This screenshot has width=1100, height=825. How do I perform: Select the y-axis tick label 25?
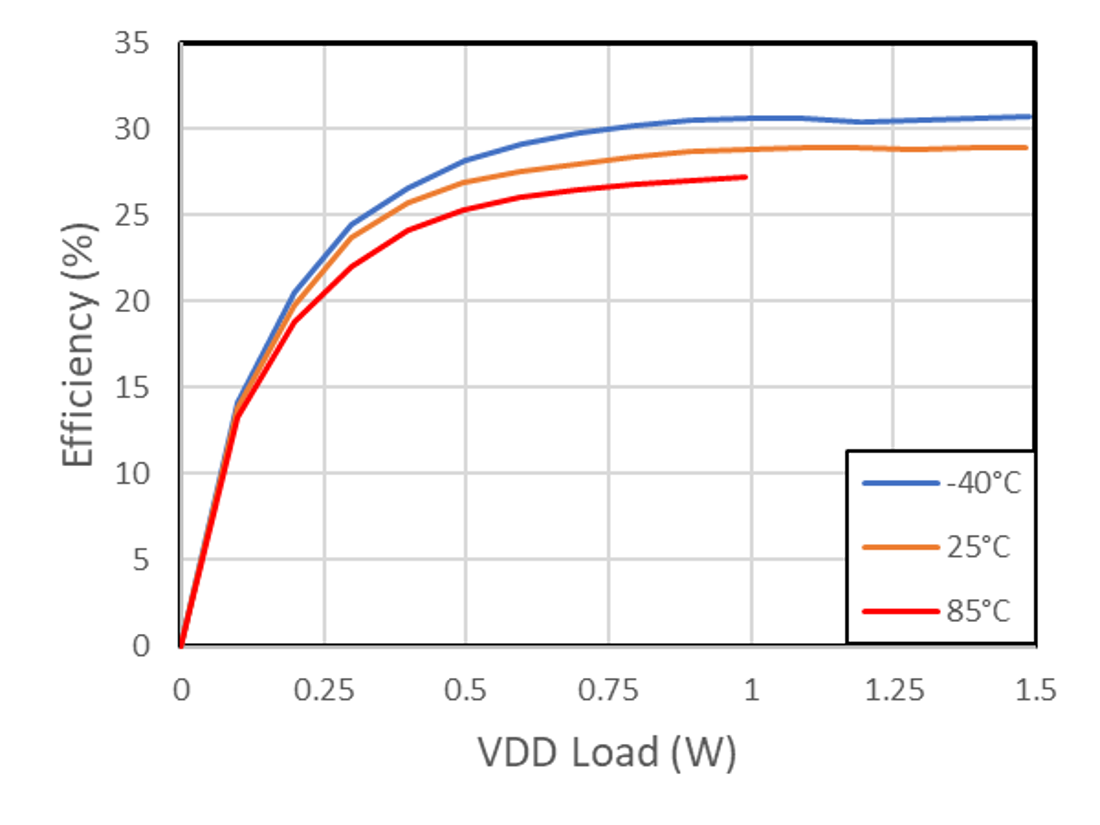pos(132,215)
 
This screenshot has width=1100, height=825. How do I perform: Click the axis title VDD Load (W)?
pos(607,752)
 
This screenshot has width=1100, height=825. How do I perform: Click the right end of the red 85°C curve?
pos(746,177)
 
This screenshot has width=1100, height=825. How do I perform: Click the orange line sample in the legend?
pos(901,547)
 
